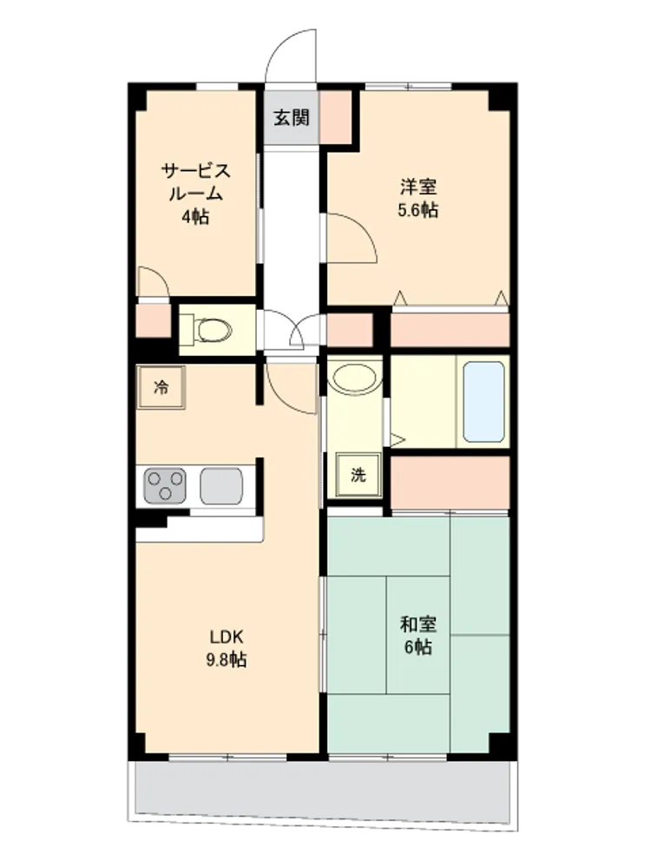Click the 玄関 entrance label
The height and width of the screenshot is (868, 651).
(x=291, y=117)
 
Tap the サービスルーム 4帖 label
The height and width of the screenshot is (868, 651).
(x=196, y=194)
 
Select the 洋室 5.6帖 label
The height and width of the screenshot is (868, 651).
(x=418, y=198)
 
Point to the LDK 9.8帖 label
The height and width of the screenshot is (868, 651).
(x=227, y=648)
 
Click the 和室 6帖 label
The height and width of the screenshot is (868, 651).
(x=418, y=635)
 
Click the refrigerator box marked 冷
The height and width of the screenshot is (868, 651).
(x=161, y=387)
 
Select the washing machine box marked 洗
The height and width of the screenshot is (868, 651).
(x=358, y=475)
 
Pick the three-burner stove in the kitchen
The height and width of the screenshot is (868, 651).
(x=165, y=485)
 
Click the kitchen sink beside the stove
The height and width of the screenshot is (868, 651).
(x=221, y=486)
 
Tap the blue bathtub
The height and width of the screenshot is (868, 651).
(x=483, y=402)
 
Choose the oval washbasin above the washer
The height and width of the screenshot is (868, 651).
(x=354, y=378)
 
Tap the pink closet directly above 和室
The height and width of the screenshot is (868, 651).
(x=450, y=482)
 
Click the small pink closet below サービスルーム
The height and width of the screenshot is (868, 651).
(x=154, y=320)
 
